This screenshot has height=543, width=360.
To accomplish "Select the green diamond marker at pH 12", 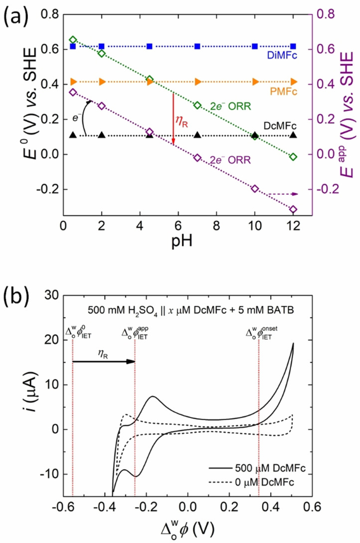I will pyautogui.click(x=293, y=157).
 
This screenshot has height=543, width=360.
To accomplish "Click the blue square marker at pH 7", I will pyautogui.click(x=197, y=46).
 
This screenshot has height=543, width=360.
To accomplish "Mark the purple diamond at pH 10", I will pyautogui.click(x=255, y=188).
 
